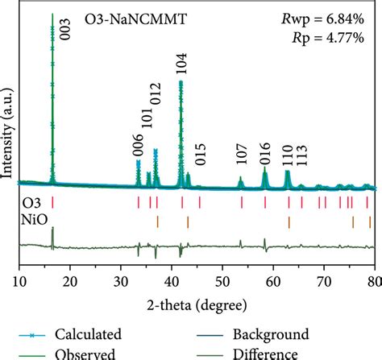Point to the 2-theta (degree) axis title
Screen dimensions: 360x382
(x=196, y=304)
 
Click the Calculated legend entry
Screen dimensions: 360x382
(x=88, y=334)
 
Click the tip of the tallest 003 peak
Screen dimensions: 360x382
(x=52, y=14)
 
